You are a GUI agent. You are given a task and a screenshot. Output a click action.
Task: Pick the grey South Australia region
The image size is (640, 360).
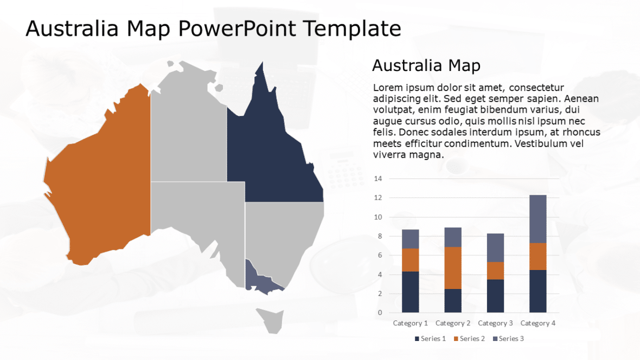point(198,217)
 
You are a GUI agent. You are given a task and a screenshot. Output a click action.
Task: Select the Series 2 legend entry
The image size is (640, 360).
point(469,339)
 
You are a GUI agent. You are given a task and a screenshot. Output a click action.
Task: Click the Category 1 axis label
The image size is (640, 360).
point(410,323)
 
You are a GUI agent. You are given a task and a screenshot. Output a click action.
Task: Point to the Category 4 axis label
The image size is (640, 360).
point(538,323)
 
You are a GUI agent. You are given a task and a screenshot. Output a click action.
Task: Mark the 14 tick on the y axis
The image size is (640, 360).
point(378,179)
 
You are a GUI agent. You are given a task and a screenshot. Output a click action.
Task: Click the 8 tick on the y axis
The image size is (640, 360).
point(379,236)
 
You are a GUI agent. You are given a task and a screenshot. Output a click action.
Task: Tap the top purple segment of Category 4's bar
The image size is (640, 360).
point(538,218)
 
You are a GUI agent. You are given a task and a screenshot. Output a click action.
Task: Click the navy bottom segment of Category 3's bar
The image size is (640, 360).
point(496,295)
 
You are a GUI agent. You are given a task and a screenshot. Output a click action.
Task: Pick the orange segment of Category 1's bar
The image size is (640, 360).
point(410,260)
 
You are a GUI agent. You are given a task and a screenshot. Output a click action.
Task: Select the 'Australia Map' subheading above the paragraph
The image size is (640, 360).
point(426,66)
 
